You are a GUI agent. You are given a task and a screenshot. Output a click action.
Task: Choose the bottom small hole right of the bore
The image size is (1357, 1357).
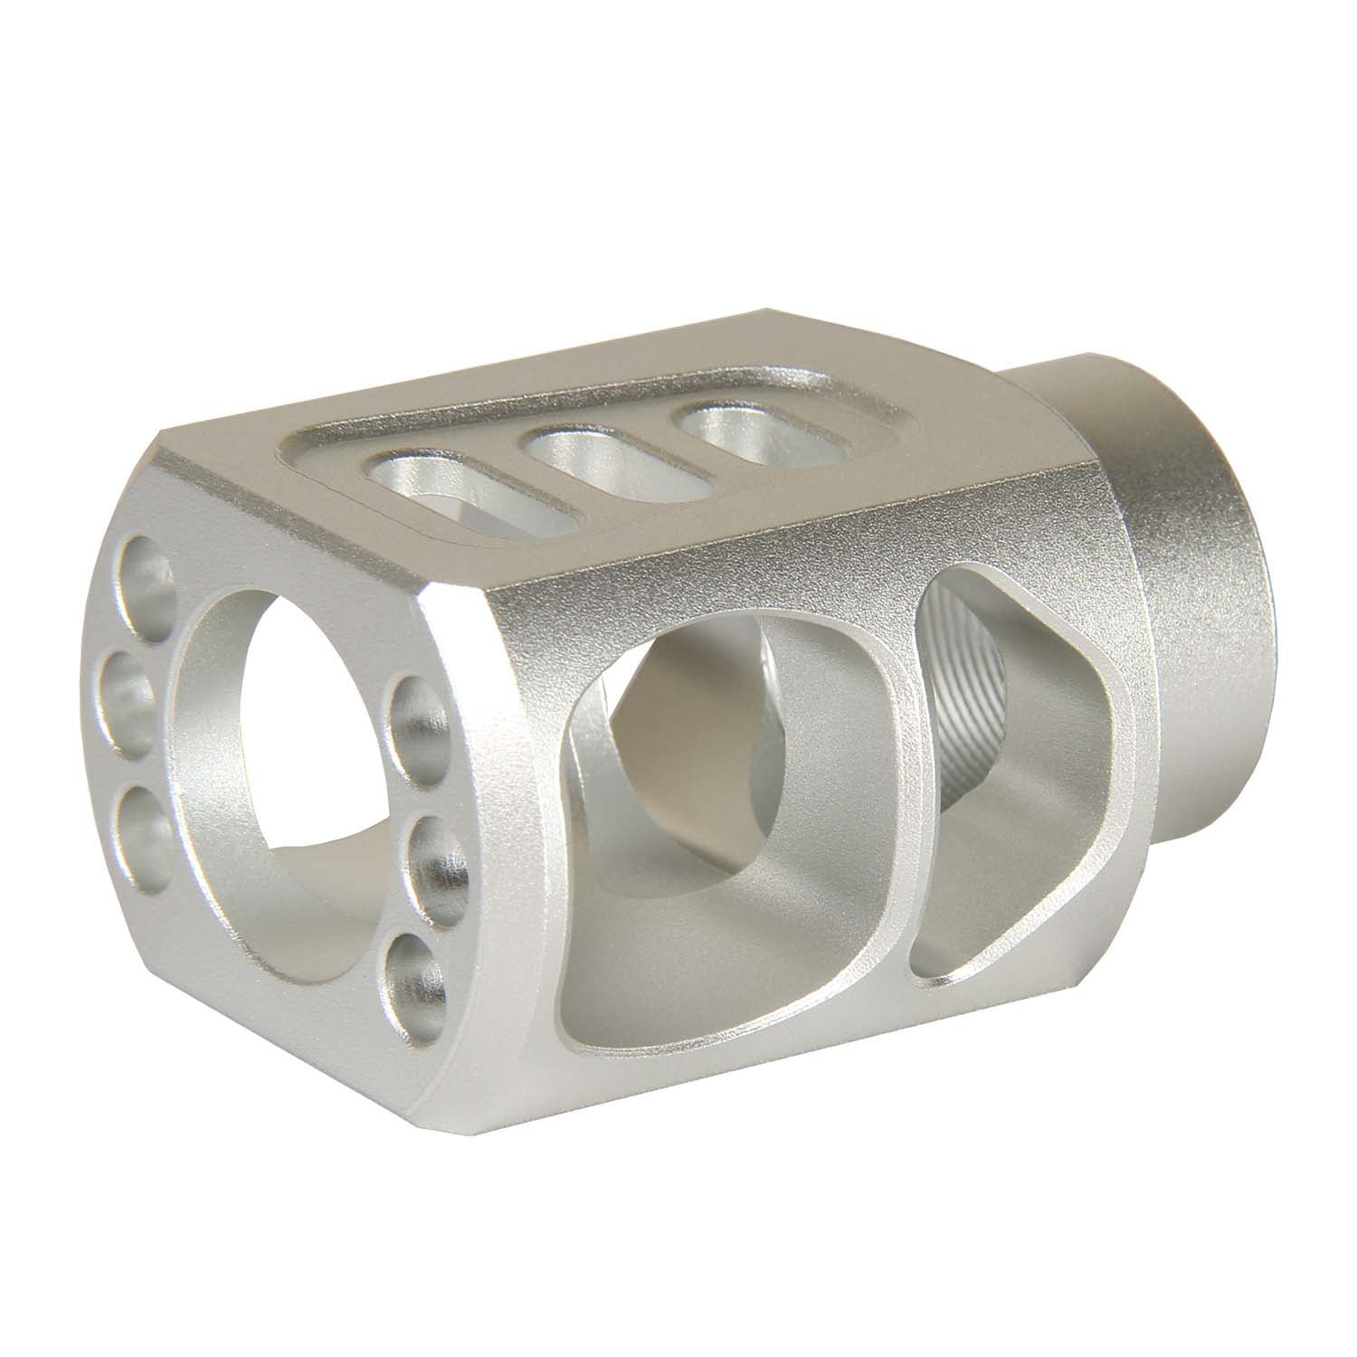point(416,977)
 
